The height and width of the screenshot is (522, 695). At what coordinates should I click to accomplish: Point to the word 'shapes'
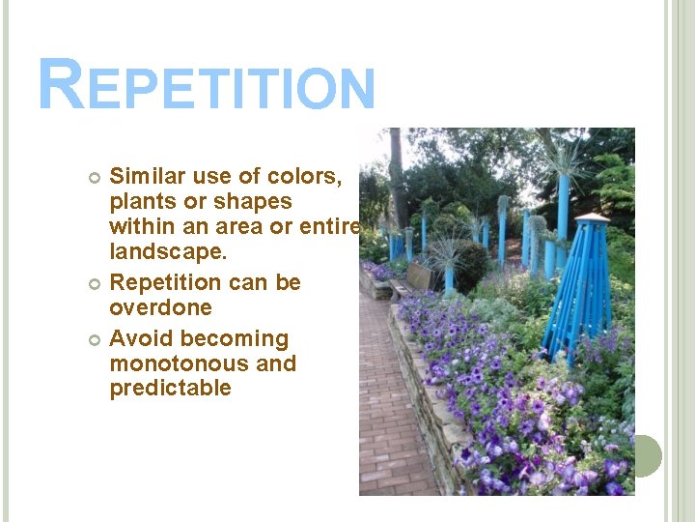[254, 202]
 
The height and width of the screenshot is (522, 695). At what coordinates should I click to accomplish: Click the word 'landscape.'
[169, 251]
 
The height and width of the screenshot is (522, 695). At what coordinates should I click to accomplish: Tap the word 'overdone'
[160, 308]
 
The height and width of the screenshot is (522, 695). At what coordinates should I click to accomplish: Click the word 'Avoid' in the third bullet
[141, 339]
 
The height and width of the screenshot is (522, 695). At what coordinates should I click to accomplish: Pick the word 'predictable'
[170, 389]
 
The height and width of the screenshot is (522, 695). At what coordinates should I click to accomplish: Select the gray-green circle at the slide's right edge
[643, 455]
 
